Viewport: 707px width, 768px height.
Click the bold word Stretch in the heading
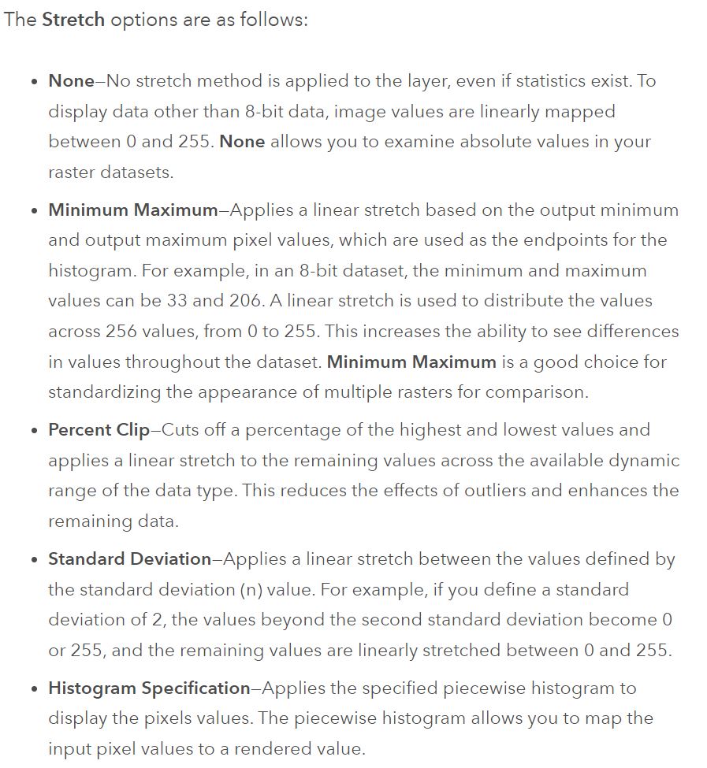point(73,20)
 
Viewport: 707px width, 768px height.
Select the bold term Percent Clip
point(99,430)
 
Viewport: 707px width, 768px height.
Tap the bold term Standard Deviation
point(129,559)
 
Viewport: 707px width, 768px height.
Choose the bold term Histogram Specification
point(149,688)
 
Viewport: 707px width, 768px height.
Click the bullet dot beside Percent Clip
point(32,432)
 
